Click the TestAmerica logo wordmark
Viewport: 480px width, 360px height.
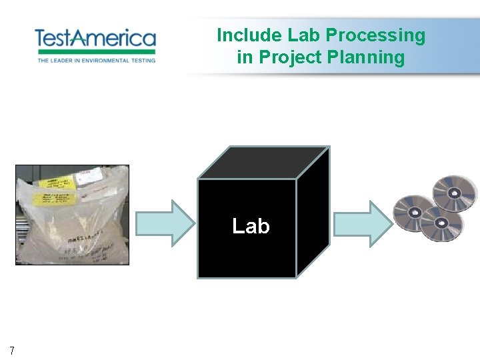95,37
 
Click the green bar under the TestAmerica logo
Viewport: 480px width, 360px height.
95,52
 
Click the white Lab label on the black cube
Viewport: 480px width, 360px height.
251,227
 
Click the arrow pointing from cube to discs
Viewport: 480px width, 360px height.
363,222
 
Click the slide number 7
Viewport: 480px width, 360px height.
13,349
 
